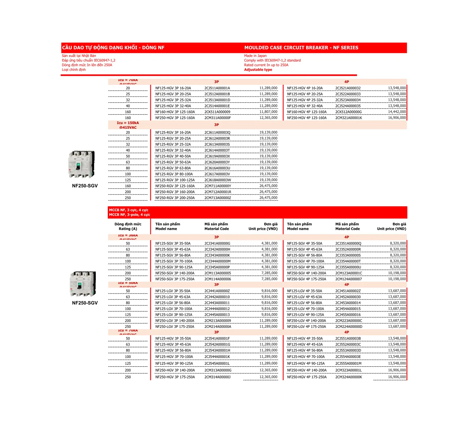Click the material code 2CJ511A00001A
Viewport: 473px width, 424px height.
(217, 88)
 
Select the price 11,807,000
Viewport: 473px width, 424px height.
(268, 112)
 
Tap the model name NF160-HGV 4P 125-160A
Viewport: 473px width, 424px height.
(307, 112)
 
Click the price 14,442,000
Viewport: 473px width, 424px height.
(397, 112)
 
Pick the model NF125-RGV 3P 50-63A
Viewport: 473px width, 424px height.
(173, 162)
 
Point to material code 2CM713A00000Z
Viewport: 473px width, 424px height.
(218, 198)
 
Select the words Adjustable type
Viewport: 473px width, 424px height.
(258, 70)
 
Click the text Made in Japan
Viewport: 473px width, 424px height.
(255, 56)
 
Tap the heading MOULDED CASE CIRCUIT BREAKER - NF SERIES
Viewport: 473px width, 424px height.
(301, 48)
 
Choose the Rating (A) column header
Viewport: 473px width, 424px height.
(128, 229)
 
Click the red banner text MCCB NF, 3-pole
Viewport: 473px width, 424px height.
(129, 215)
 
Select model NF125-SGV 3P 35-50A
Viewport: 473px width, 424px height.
(173, 244)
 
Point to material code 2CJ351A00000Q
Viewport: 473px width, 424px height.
(348, 244)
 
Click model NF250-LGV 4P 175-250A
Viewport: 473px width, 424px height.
(306, 327)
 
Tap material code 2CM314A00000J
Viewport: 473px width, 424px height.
(217, 377)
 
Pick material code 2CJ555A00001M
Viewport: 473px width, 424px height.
(348, 363)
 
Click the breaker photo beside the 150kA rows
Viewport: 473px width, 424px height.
(82, 164)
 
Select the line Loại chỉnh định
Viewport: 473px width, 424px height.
(74, 70)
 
